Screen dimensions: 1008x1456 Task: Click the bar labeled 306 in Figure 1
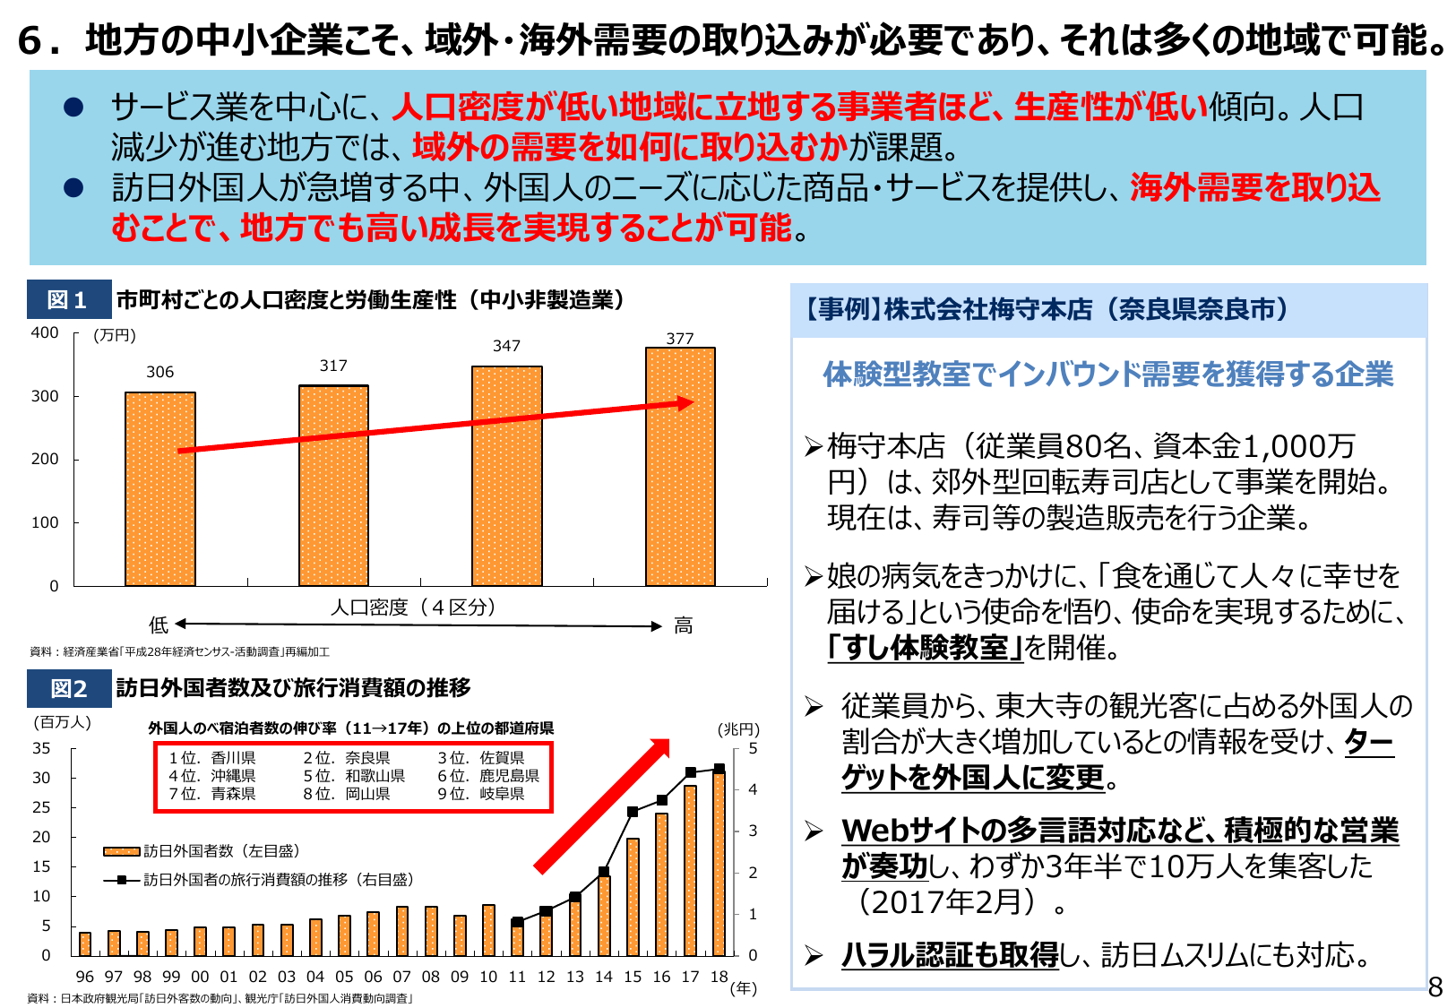(x=159, y=488)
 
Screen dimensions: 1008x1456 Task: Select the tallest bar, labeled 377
(x=680, y=466)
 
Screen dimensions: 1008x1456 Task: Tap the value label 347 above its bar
(x=506, y=346)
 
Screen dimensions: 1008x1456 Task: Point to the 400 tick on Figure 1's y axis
(x=45, y=333)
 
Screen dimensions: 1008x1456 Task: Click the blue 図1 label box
(x=68, y=300)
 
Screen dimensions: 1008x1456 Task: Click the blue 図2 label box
(x=68, y=688)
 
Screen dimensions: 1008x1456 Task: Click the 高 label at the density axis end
(x=683, y=625)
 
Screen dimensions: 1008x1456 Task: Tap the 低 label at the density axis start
(x=159, y=625)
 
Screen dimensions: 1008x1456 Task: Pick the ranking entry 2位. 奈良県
(x=346, y=758)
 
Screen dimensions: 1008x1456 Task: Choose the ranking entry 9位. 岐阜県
(x=480, y=794)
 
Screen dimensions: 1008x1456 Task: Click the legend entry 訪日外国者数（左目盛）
(x=202, y=850)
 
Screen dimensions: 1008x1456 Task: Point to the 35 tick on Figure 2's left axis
(x=41, y=748)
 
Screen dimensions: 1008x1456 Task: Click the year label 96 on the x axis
(x=85, y=977)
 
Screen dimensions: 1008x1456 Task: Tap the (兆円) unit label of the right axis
(x=738, y=729)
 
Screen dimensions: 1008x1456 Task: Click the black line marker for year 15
(x=633, y=812)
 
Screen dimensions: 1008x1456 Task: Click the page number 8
(x=1434, y=986)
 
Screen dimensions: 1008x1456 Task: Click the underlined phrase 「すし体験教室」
(x=925, y=647)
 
